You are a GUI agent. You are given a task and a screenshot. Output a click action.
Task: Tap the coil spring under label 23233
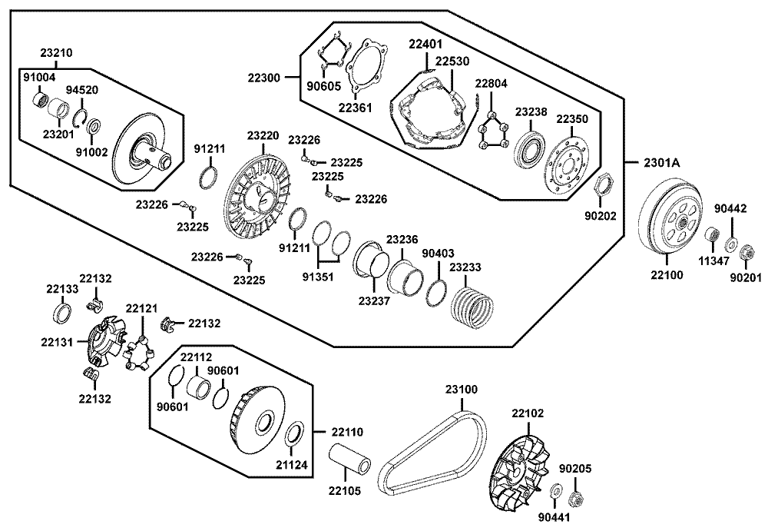click(x=471, y=307)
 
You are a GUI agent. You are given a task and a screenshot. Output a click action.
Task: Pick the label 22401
click(x=425, y=44)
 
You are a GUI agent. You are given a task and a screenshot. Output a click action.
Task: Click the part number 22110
click(x=347, y=432)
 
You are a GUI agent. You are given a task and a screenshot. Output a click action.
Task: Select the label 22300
click(x=263, y=78)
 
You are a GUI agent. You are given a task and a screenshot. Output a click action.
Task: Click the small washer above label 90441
click(x=556, y=490)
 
